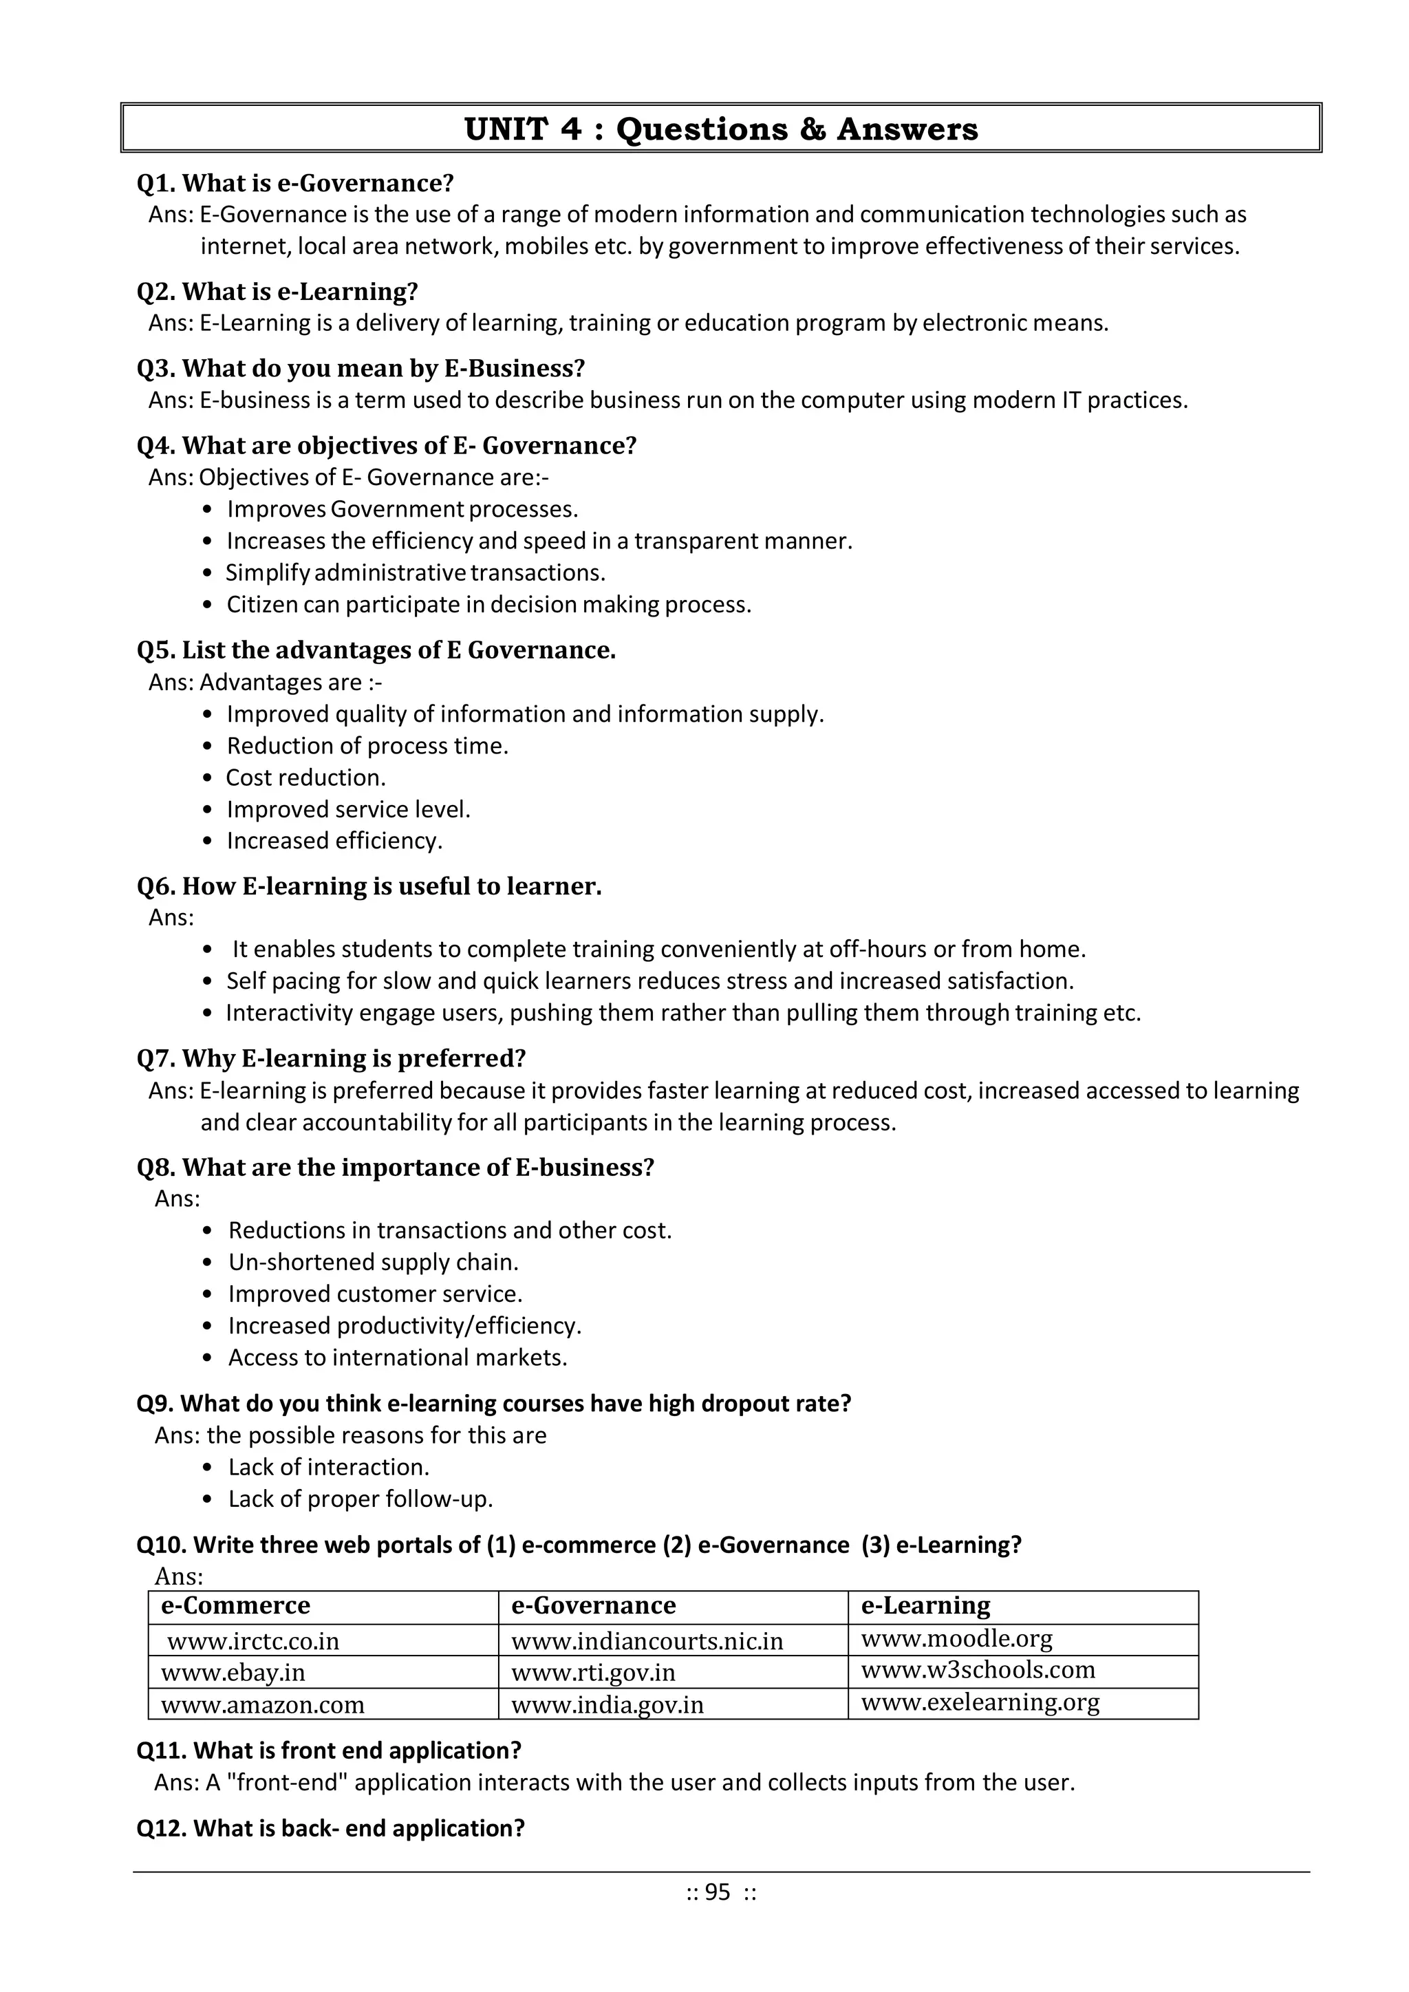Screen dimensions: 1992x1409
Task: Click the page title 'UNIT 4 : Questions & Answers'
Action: [720, 129]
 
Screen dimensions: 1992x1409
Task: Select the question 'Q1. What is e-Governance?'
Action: [295, 183]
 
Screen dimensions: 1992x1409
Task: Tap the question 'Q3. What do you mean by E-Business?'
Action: [360, 369]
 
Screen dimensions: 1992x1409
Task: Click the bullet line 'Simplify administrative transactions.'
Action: [415, 572]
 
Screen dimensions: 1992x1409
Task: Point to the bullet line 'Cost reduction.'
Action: [305, 778]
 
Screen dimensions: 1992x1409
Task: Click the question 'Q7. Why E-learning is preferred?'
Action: [332, 1058]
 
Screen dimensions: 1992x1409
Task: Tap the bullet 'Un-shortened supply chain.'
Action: [373, 1263]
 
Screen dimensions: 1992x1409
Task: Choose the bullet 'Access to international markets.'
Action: [398, 1358]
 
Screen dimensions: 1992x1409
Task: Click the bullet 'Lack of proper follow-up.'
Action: [360, 1499]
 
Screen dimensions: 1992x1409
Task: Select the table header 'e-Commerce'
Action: [235, 1606]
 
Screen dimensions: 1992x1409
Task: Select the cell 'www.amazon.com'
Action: [262, 1705]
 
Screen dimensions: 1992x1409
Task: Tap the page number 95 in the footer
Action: [718, 1892]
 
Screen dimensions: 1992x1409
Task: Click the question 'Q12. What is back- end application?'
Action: [330, 1829]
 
